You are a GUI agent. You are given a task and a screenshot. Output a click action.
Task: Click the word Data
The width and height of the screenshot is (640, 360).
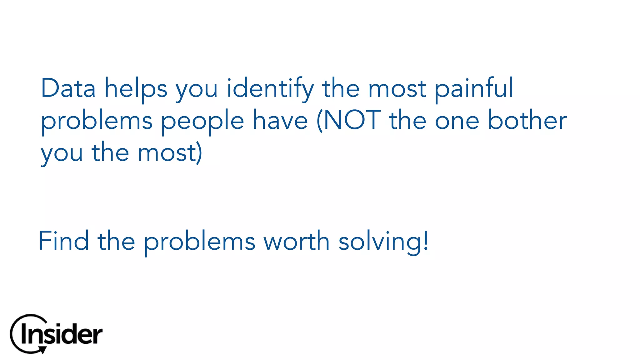point(68,88)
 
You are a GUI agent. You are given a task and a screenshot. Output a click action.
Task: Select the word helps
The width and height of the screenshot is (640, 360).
point(136,89)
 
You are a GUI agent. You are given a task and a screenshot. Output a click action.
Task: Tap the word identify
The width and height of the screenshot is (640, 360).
point(270,89)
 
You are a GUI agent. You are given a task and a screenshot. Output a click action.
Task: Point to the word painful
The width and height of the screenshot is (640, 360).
point(474,89)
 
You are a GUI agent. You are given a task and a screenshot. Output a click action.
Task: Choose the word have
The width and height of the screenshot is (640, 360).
point(280,121)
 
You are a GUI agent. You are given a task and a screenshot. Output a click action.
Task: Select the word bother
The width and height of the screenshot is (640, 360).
point(527,120)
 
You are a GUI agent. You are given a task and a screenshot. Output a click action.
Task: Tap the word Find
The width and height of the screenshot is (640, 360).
point(64,241)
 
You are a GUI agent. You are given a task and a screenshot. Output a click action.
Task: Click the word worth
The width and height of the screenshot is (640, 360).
point(297,241)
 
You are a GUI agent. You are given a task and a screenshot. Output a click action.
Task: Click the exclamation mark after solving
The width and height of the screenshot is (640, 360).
point(426,241)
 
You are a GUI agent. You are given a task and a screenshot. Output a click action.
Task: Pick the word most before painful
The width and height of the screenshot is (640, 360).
point(397,89)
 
